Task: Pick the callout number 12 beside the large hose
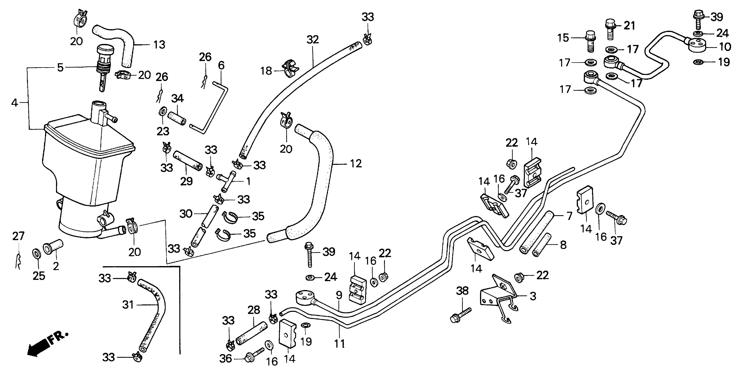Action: pos(356,164)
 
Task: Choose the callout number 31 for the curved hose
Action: pos(128,305)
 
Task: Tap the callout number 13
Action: pos(159,45)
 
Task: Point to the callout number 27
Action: pos(18,236)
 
